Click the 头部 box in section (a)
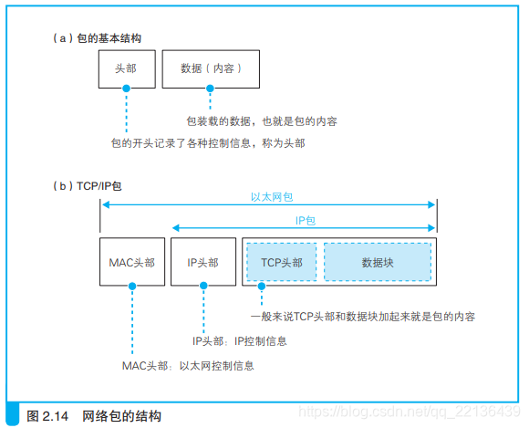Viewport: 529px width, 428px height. tap(126, 68)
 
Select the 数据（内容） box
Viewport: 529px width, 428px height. tap(210, 68)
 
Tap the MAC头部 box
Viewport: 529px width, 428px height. tap(131, 262)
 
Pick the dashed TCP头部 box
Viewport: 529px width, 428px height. tap(280, 262)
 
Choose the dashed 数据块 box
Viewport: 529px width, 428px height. tap(377, 262)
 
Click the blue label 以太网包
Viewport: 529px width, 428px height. tap(271, 196)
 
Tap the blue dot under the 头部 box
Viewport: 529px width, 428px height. tap(126, 89)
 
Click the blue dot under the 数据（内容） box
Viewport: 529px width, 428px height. tap(210, 89)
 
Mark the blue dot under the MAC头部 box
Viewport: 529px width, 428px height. tap(131, 287)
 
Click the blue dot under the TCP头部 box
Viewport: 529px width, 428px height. tap(262, 287)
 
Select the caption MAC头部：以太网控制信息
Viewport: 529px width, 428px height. tap(188, 365)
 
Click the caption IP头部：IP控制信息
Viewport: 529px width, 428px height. tap(239, 341)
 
